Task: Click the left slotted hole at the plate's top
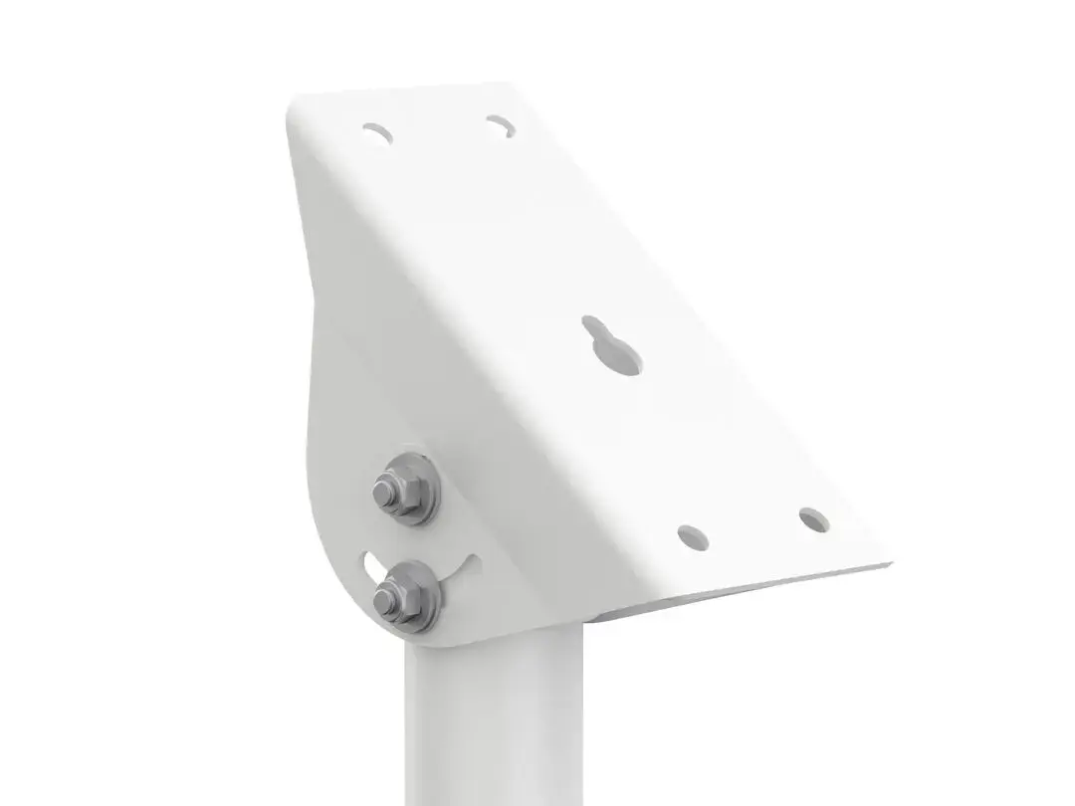(377, 132)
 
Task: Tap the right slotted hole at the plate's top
(500, 125)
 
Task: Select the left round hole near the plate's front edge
(693, 536)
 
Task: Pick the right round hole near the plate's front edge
(813, 518)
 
